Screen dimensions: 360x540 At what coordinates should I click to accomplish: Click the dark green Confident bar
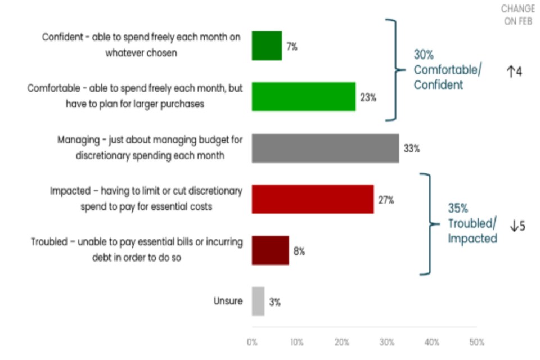coord(267,46)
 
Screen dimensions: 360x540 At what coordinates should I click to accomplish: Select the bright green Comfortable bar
coord(304,96)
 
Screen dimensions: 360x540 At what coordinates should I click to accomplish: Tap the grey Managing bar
coord(325,148)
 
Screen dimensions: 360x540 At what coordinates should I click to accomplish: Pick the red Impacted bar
coord(313,199)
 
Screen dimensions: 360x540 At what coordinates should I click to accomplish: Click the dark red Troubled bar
coord(270,250)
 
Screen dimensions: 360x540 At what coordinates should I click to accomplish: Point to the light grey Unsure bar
coord(258,301)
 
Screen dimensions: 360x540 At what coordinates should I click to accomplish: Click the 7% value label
coord(291,47)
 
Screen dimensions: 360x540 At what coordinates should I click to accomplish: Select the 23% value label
coord(368,97)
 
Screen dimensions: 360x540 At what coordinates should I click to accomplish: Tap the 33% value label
coord(411,148)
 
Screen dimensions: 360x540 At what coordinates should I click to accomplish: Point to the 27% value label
coord(386,200)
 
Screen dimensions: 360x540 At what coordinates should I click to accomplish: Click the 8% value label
coord(299,251)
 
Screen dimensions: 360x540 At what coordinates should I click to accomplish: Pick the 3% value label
coord(274,302)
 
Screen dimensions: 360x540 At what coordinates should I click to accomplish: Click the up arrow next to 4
coord(511,72)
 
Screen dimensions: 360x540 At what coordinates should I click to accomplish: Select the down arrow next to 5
coord(514,226)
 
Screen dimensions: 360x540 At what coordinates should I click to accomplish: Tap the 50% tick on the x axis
coord(476,342)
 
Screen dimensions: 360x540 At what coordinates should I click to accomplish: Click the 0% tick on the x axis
coord(252,342)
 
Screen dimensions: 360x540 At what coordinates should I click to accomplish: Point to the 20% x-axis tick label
coord(342,342)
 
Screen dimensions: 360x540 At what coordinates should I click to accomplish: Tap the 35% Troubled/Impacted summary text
coord(472,223)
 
